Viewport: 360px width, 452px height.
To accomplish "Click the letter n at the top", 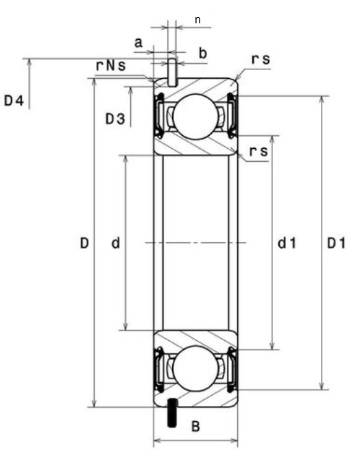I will click(197, 19).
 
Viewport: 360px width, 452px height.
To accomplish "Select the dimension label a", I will click(138, 43).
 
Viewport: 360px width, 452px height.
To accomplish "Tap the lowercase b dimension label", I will click(202, 53).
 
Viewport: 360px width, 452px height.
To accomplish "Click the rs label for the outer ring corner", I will click(261, 60).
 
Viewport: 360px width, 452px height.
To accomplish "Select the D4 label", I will click(14, 102).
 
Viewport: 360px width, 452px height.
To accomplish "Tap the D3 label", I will click(115, 119).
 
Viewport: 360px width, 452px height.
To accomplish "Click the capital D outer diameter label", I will click(84, 243).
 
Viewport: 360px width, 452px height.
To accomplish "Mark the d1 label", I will click(286, 243).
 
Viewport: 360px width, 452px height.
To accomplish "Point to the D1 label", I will click(336, 243).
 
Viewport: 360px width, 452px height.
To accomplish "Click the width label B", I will click(195, 427).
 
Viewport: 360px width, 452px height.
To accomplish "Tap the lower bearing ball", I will click(195, 369).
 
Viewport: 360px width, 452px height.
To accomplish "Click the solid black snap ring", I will click(171, 410).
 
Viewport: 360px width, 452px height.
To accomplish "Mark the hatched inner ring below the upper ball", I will click(195, 146).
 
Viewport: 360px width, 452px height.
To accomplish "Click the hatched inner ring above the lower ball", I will click(195, 337).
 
